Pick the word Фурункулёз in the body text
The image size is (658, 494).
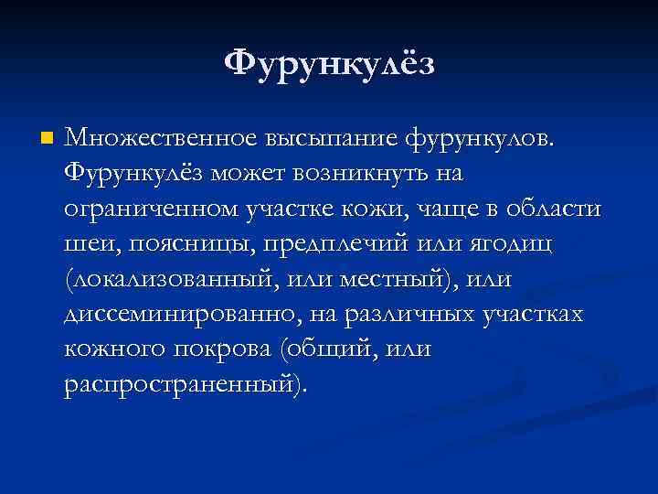coord(134,174)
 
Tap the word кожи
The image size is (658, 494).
coord(344,209)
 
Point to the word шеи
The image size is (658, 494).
coord(87,244)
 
